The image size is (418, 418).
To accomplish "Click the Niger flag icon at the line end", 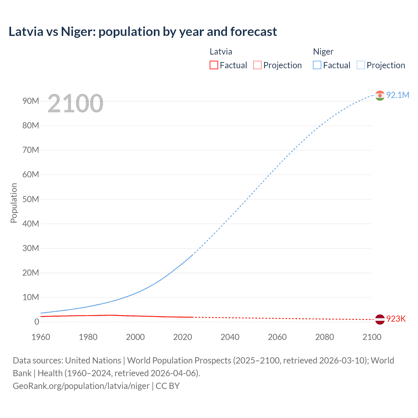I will pyautogui.click(x=380, y=95).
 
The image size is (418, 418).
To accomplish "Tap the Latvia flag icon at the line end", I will pyautogui.click(x=380, y=319).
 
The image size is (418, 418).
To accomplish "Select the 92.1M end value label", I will pyautogui.click(x=397, y=95).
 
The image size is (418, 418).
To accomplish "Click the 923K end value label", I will pyautogui.click(x=396, y=319).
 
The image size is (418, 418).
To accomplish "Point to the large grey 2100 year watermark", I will pyautogui.click(x=75, y=104).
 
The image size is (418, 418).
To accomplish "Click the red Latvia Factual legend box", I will pyautogui.click(x=214, y=65).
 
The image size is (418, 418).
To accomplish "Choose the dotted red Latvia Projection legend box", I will pyautogui.click(x=257, y=65).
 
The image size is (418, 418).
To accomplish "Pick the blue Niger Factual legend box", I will pyautogui.click(x=317, y=65).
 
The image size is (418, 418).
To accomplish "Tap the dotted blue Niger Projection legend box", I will pyautogui.click(x=361, y=65).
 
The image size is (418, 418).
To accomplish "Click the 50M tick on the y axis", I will pyautogui.click(x=31, y=199).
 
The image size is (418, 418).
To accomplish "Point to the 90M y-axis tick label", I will pyautogui.click(x=31, y=101).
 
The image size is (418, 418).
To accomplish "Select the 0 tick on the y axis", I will pyautogui.click(x=37, y=322).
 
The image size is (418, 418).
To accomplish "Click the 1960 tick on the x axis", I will pyautogui.click(x=41, y=337).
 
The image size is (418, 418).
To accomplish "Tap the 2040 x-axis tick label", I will pyautogui.click(x=230, y=337).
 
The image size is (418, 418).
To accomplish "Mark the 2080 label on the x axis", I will pyautogui.click(x=325, y=337).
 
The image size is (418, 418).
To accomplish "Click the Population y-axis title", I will pyautogui.click(x=14, y=203).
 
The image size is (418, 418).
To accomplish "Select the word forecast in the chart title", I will pyautogui.click(x=253, y=32).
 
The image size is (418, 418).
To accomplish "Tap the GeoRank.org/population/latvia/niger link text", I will pyautogui.click(x=81, y=386).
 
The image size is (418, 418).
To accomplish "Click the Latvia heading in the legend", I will pyautogui.click(x=221, y=52).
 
